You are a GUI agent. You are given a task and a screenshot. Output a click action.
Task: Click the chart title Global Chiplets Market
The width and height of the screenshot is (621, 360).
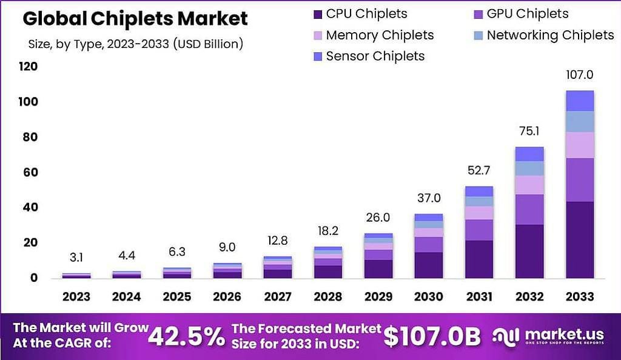[x=135, y=19]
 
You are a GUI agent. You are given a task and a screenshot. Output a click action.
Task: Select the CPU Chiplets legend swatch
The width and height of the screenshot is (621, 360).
[x=316, y=14]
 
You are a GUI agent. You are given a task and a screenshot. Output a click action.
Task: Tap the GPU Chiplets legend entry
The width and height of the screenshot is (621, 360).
[x=520, y=14]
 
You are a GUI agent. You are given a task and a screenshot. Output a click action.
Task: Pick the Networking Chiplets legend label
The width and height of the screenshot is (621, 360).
[x=550, y=35]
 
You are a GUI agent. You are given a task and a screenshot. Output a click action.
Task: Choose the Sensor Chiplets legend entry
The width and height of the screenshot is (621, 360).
[x=375, y=56]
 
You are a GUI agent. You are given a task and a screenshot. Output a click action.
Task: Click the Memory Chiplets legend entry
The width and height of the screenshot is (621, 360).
[x=380, y=35]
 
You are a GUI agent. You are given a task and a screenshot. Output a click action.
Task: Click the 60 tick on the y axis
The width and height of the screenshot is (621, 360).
[x=30, y=172]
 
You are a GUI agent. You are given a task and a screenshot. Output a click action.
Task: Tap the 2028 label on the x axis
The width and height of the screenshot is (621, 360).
[x=328, y=297]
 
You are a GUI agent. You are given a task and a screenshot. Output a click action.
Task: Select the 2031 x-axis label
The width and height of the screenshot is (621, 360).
[x=479, y=297]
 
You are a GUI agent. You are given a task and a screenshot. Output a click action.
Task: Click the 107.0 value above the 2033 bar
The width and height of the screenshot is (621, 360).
[x=579, y=75]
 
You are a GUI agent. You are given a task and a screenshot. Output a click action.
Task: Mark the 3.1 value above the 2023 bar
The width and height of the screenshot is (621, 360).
[x=76, y=258]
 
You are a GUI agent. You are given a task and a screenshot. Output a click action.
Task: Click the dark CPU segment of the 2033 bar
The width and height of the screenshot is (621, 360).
[x=579, y=239]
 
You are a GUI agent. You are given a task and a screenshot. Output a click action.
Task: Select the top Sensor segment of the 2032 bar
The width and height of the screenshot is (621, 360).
[x=529, y=154]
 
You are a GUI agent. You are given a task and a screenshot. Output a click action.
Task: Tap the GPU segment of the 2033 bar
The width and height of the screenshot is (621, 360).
[x=579, y=179]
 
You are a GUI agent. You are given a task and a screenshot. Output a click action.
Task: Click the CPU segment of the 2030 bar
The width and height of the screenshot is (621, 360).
[x=428, y=265]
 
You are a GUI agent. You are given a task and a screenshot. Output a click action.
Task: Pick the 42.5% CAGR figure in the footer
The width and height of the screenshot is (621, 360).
[x=186, y=337]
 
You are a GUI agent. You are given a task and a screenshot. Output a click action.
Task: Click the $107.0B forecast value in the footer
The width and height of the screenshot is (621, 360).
[x=432, y=337]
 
